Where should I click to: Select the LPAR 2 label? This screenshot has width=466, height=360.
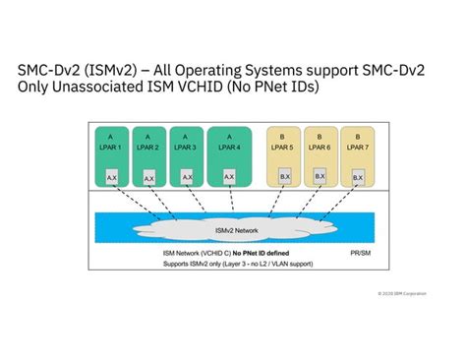pyautogui.click(x=148, y=147)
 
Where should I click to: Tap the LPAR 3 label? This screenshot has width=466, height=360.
pyautogui.click(x=187, y=147)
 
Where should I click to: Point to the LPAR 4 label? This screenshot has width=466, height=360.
pyautogui.click(x=228, y=147)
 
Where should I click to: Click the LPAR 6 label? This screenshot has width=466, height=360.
pyautogui.click(x=320, y=147)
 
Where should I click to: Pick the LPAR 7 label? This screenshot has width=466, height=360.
pyautogui.click(x=357, y=147)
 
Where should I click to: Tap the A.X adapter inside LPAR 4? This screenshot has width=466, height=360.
pyautogui.click(x=229, y=177)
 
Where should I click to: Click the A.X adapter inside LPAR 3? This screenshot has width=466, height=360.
pyautogui.click(x=188, y=178)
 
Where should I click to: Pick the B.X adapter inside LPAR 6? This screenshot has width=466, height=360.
pyautogui.click(x=320, y=177)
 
